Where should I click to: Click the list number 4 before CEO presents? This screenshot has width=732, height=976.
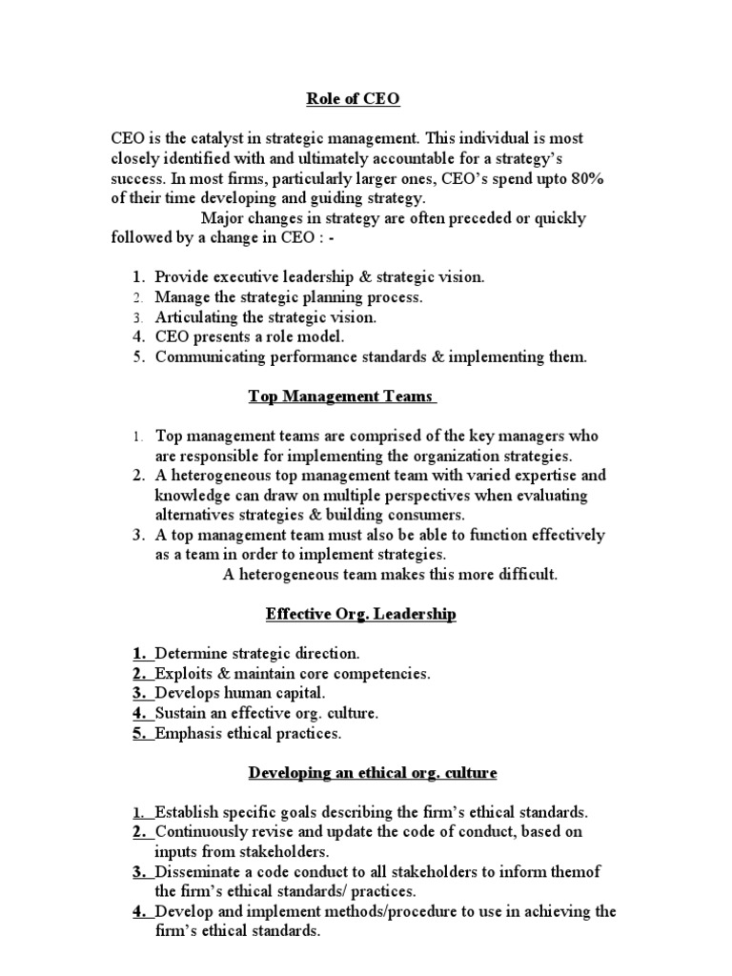139,337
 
